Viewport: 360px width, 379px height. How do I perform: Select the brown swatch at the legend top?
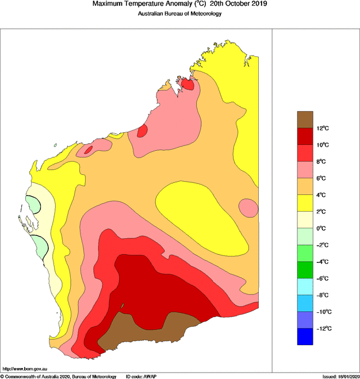305,119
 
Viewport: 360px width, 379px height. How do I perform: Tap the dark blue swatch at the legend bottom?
305,336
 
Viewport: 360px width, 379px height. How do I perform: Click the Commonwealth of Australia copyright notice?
58,376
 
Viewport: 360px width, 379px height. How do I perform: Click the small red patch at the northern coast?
187,84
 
